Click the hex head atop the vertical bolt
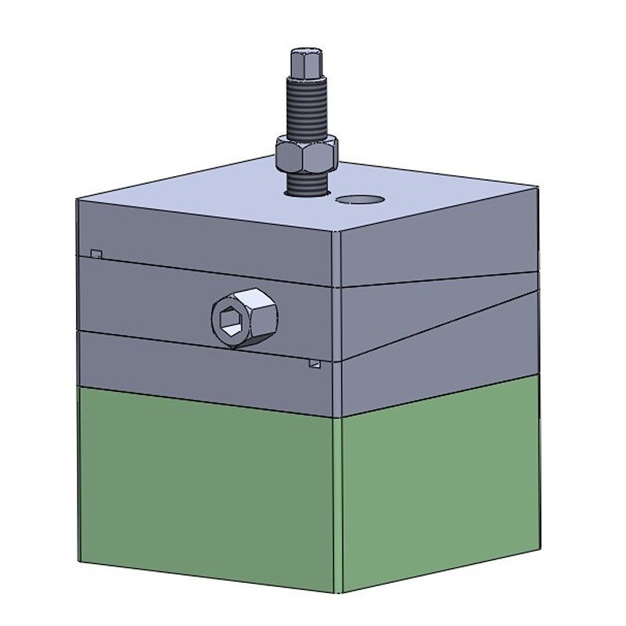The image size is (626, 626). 305,63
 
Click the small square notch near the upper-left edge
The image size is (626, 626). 96,254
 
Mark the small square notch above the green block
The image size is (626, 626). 315,364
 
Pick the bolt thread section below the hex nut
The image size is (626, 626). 306,185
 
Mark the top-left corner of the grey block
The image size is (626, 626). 78,200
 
